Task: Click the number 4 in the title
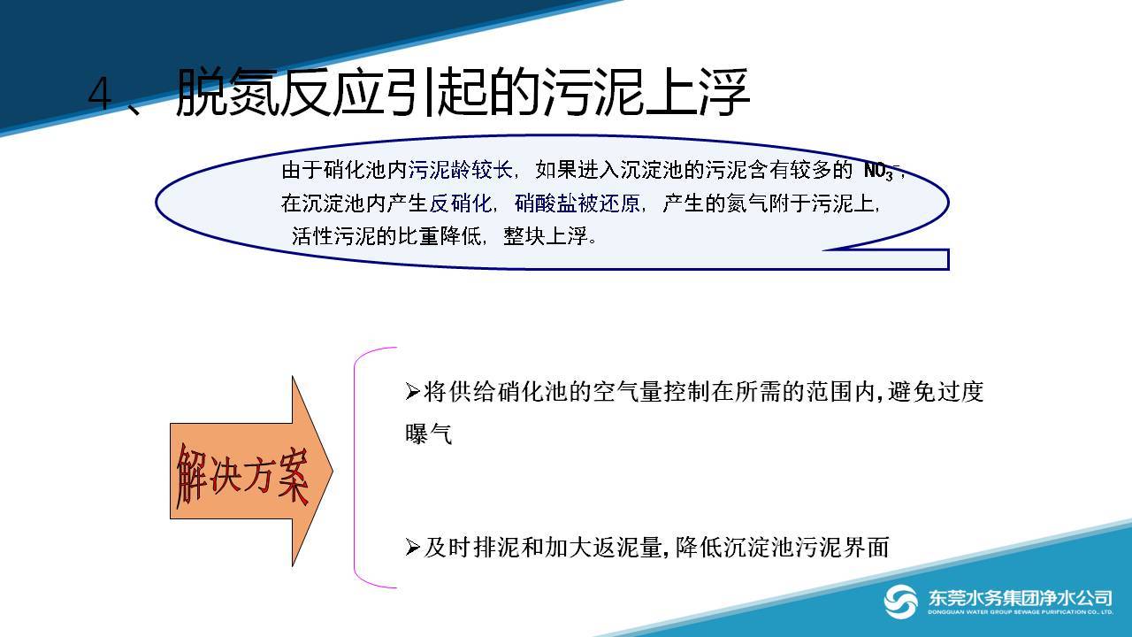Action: [x=100, y=94]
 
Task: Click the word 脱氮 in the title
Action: [x=227, y=92]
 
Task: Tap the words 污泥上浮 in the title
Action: [x=646, y=92]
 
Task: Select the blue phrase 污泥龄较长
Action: [x=461, y=170]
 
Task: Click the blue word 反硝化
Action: [x=461, y=203]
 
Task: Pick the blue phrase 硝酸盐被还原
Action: [x=577, y=203]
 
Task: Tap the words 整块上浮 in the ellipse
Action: [x=546, y=236]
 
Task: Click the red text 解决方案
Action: [x=242, y=475]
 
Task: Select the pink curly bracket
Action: [x=355, y=468]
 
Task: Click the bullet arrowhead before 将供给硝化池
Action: [x=412, y=392]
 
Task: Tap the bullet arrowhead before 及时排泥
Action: [x=412, y=548]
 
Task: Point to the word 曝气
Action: [x=428, y=434]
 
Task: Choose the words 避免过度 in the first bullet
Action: [x=936, y=392]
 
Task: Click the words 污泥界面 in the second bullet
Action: [x=842, y=548]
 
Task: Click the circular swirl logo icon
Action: [x=900, y=601]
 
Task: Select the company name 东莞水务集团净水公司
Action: [x=1020, y=598]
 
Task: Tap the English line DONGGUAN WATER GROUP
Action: [x=1020, y=612]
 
